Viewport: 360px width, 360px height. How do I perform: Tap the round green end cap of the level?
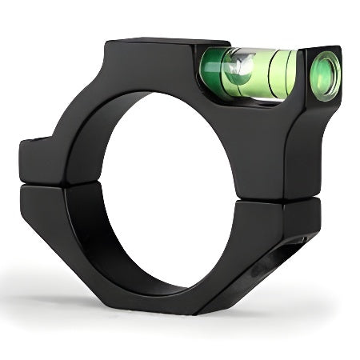[325, 75]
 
